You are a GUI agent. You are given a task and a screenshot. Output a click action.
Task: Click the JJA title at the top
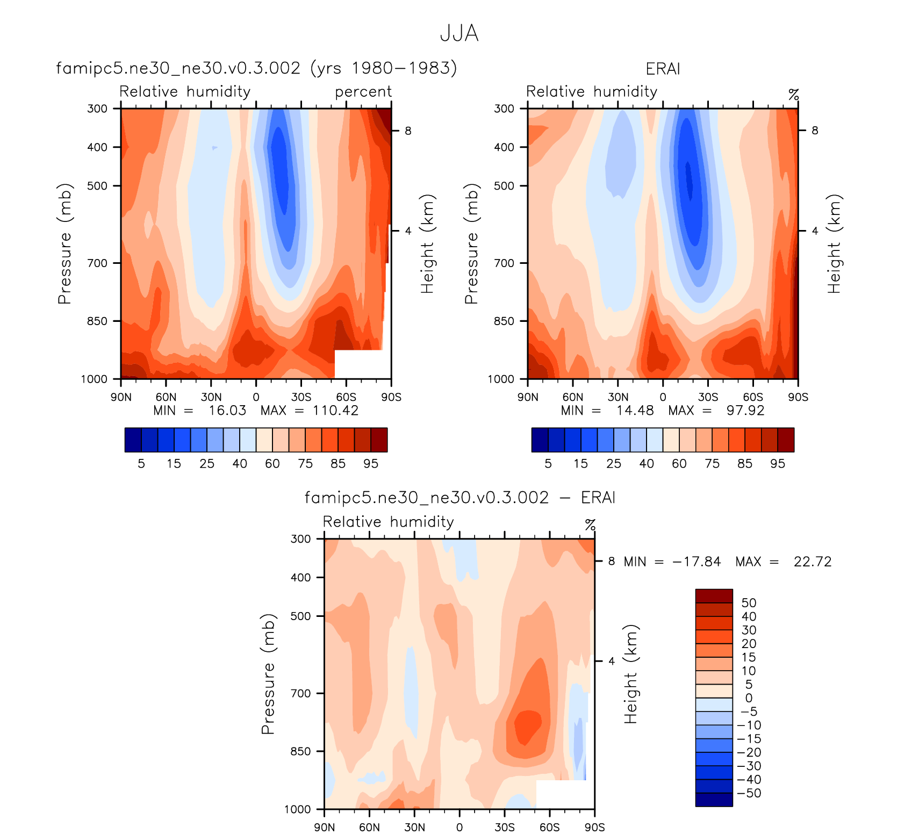click(459, 33)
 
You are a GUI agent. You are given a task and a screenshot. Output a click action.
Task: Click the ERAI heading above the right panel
click(663, 69)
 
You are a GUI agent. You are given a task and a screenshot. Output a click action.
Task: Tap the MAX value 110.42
click(335, 411)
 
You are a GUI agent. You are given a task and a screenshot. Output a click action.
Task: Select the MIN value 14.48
click(635, 411)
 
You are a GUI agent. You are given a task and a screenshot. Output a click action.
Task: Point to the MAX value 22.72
click(812, 562)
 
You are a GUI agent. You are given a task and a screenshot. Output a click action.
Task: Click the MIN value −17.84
click(696, 562)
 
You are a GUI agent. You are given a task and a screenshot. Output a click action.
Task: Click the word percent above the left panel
click(363, 92)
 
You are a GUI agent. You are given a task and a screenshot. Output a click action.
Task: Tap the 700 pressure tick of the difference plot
click(301, 693)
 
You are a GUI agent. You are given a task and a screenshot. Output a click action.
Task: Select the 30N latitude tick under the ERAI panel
click(618, 397)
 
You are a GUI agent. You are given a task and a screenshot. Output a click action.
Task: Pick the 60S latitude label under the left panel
click(346, 397)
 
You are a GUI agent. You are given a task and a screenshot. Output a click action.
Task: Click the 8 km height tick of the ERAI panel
click(815, 131)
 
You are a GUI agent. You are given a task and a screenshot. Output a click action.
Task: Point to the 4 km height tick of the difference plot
click(611, 661)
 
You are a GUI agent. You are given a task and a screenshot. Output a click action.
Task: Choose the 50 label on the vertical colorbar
click(749, 603)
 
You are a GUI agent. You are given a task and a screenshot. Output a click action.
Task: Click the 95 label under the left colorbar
click(371, 464)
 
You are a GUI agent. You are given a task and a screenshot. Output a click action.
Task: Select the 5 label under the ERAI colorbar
click(548, 464)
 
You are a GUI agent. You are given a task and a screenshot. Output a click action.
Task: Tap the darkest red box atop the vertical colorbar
click(714, 596)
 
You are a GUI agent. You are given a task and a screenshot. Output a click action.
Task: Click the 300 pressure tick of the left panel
click(97, 109)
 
